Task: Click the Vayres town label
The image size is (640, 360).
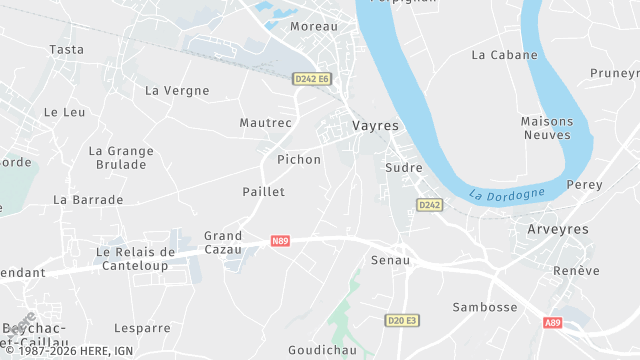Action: tap(375, 126)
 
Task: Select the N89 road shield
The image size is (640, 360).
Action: tap(280, 241)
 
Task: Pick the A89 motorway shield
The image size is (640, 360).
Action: tap(553, 322)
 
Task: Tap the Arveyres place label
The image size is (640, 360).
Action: tap(558, 229)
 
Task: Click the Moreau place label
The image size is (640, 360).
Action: tap(314, 26)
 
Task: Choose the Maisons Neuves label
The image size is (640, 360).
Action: tap(546, 128)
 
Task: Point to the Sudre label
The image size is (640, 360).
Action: tap(404, 167)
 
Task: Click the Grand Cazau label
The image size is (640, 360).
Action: tap(223, 242)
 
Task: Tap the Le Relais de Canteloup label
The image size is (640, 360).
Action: tap(135, 258)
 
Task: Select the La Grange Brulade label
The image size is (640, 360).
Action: tap(121, 158)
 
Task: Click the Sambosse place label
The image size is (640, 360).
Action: tap(485, 307)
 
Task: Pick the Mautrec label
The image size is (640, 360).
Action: tap(266, 123)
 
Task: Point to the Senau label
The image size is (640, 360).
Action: tap(390, 260)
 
